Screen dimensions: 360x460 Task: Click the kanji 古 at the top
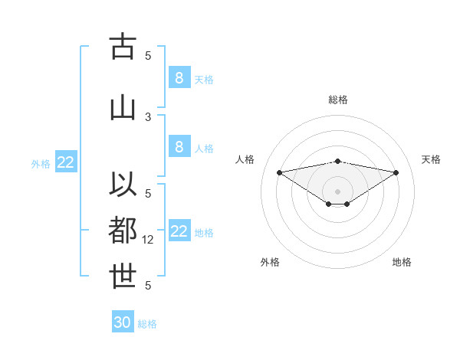point(123,47)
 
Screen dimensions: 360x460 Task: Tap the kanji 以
point(123,185)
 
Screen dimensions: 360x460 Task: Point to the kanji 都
point(123,230)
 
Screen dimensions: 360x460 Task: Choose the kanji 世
point(123,277)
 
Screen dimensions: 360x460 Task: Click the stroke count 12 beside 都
point(149,240)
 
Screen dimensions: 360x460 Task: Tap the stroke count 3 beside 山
point(148,116)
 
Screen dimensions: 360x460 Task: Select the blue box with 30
point(123,322)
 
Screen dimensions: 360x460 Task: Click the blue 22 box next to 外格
point(66,162)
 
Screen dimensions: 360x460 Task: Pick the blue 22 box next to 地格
point(179,231)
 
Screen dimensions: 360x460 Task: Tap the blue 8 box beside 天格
point(179,77)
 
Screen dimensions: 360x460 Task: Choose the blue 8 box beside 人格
point(179,147)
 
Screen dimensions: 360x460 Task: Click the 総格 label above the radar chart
point(338,100)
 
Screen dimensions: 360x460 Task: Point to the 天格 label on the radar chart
point(431,159)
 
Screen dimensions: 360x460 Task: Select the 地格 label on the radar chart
point(402,262)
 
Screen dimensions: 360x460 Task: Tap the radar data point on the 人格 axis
point(279,172)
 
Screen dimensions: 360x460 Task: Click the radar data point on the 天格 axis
point(396,172)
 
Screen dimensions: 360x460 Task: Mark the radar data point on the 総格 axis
point(338,161)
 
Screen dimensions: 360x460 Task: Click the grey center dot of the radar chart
point(338,191)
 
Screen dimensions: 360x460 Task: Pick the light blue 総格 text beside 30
point(147,324)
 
